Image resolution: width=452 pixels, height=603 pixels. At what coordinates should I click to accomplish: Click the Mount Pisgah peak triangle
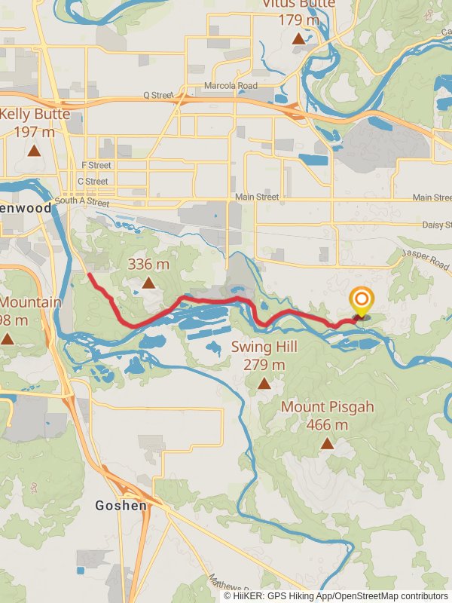click(x=327, y=443)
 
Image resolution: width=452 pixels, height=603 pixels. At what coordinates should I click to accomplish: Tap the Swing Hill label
click(x=264, y=347)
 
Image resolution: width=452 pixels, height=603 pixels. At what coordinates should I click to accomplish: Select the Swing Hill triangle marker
click(x=264, y=384)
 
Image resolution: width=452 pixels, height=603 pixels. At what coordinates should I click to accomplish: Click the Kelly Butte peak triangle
click(x=34, y=150)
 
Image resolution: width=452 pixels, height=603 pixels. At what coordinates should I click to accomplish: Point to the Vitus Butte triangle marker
click(x=299, y=38)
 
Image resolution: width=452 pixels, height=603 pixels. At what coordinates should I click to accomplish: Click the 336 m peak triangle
click(x=149, y=283)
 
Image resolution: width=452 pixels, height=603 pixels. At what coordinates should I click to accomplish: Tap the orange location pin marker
click(x=362, y=301)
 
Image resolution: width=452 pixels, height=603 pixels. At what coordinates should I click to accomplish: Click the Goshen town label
click(x=121, y=506)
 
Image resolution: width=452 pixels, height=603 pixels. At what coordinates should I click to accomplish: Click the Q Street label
click(x=158, y=96)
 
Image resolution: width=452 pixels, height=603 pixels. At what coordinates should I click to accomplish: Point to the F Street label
click(x=96, y=165)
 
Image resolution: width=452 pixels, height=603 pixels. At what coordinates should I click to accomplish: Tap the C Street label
click(x=93, y=181)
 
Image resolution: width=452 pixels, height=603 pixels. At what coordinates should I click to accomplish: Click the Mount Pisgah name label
click(x=328, y=407)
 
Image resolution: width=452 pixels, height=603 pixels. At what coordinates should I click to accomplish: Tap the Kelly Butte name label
click(x=35, y=115)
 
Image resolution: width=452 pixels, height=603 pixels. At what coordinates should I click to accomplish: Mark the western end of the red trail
click(x=90, y=275)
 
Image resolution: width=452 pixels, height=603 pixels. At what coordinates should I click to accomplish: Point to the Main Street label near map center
click(x=257, y=197)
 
